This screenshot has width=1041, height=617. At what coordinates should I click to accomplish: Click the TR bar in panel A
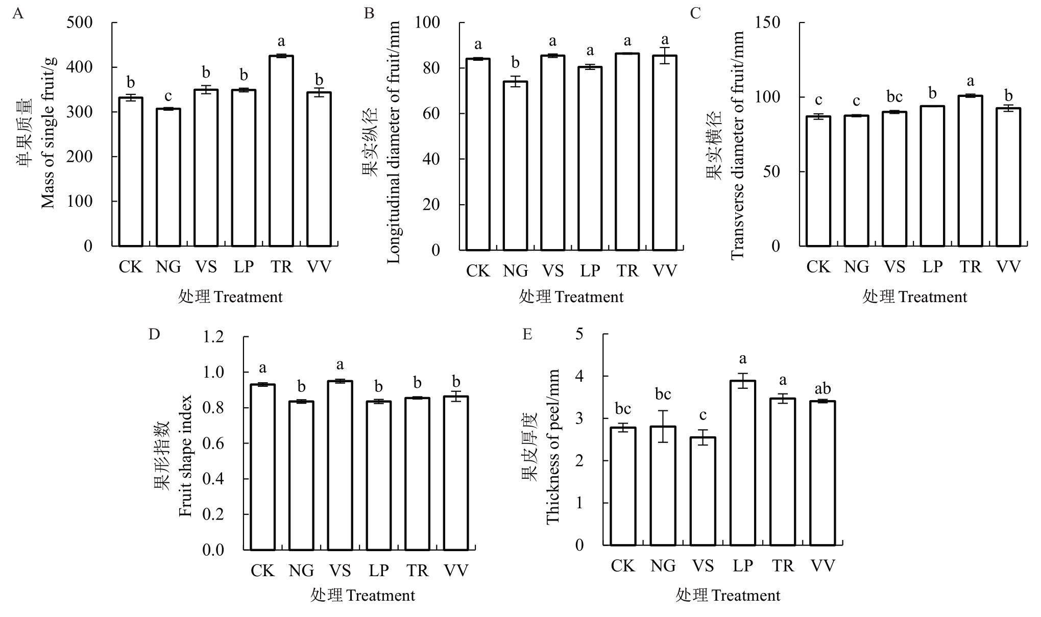[281, 151]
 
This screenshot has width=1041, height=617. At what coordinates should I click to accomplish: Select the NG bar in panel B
[515, 166]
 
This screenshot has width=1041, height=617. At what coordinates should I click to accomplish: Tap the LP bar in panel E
[743, 463]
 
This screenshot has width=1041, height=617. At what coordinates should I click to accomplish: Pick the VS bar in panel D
[340, 465]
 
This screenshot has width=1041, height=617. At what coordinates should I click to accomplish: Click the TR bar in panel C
[970, 171]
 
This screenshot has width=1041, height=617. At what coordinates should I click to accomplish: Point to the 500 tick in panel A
[80, 23]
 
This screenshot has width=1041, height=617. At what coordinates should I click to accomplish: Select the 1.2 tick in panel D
[213, 337]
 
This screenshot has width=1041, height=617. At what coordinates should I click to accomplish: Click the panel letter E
[527, 334]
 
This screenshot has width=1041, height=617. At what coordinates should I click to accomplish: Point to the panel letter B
[369, 14]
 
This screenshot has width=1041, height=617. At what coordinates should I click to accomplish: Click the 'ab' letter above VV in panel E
[823, 388]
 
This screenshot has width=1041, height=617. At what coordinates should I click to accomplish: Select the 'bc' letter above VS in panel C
[894, 97]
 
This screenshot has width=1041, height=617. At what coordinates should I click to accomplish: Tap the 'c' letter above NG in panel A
[168, 96]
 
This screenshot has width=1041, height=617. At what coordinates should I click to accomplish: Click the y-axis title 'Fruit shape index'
[185, 456]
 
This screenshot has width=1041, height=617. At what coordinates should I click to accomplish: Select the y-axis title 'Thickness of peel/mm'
[553, 447]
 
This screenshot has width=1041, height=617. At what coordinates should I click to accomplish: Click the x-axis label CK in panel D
[262, 571]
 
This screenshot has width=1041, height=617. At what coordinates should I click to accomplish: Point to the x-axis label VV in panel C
[1008, 267]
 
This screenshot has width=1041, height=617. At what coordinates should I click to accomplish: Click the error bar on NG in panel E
[663, 426]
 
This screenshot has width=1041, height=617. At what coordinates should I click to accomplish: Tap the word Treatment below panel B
[589, 297]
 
